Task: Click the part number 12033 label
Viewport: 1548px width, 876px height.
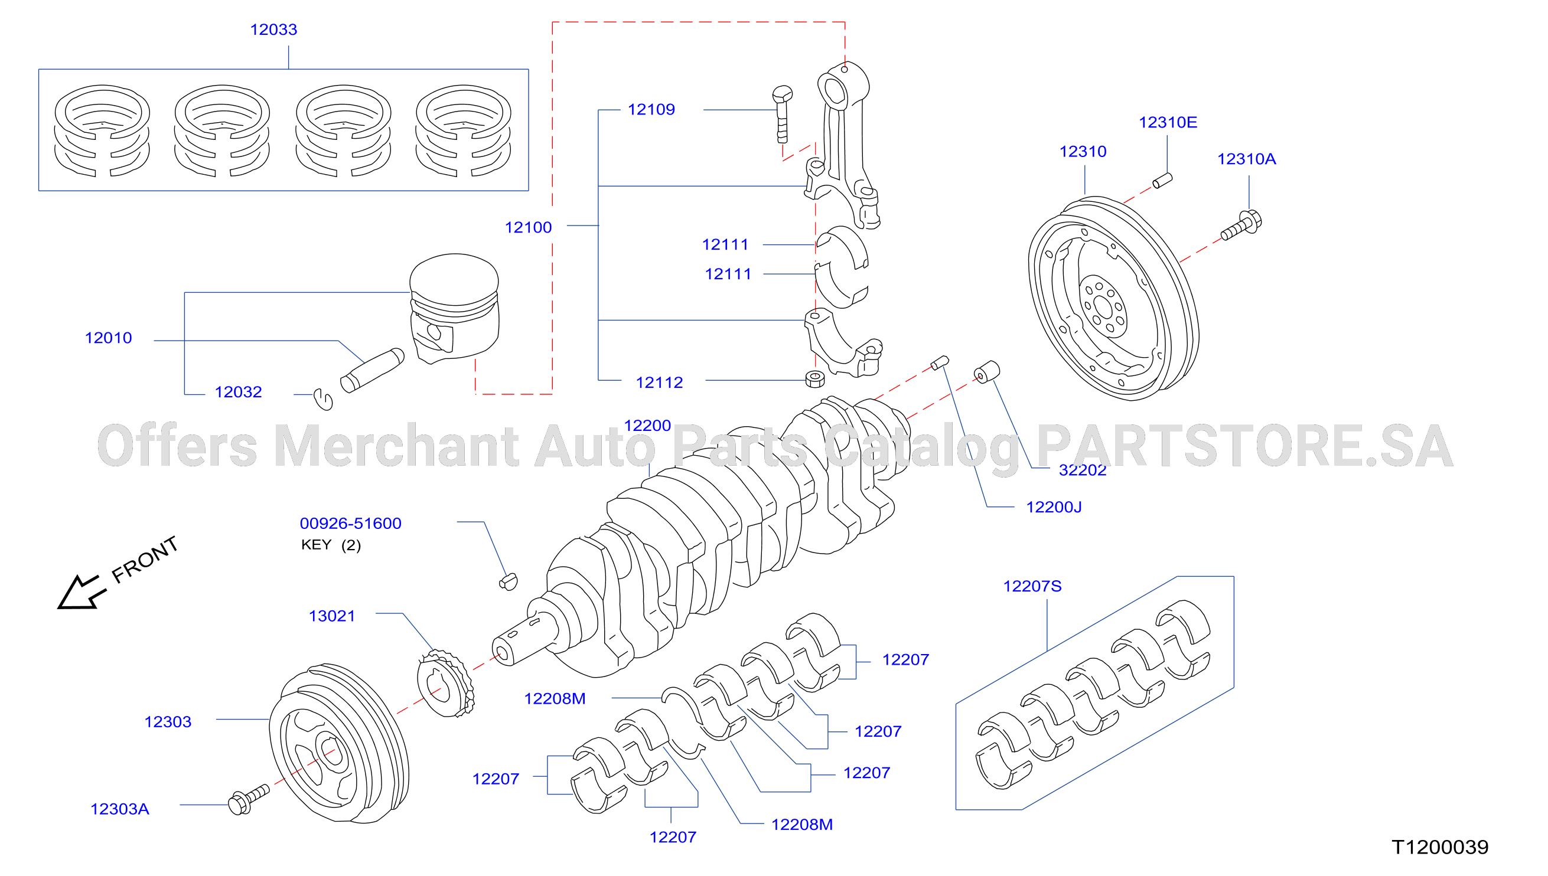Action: (x=273, y=30)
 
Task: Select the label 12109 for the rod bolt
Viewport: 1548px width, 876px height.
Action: (x=651, y=110)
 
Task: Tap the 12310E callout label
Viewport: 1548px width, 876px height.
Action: (x=1168, y=122)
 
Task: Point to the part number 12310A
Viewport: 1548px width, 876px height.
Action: (x=1246, y=159)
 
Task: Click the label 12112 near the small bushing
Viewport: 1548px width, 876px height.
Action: (x=660, y=383)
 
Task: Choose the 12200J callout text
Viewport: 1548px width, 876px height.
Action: (x=1054, y=507)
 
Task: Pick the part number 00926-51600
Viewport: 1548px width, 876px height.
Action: (x=350, y=524)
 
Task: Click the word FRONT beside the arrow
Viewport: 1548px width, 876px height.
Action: (x=145, y=560)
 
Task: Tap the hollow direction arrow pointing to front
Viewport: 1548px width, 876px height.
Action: (x=82, y=593)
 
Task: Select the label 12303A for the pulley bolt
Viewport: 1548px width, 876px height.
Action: (x=120, y=809)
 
